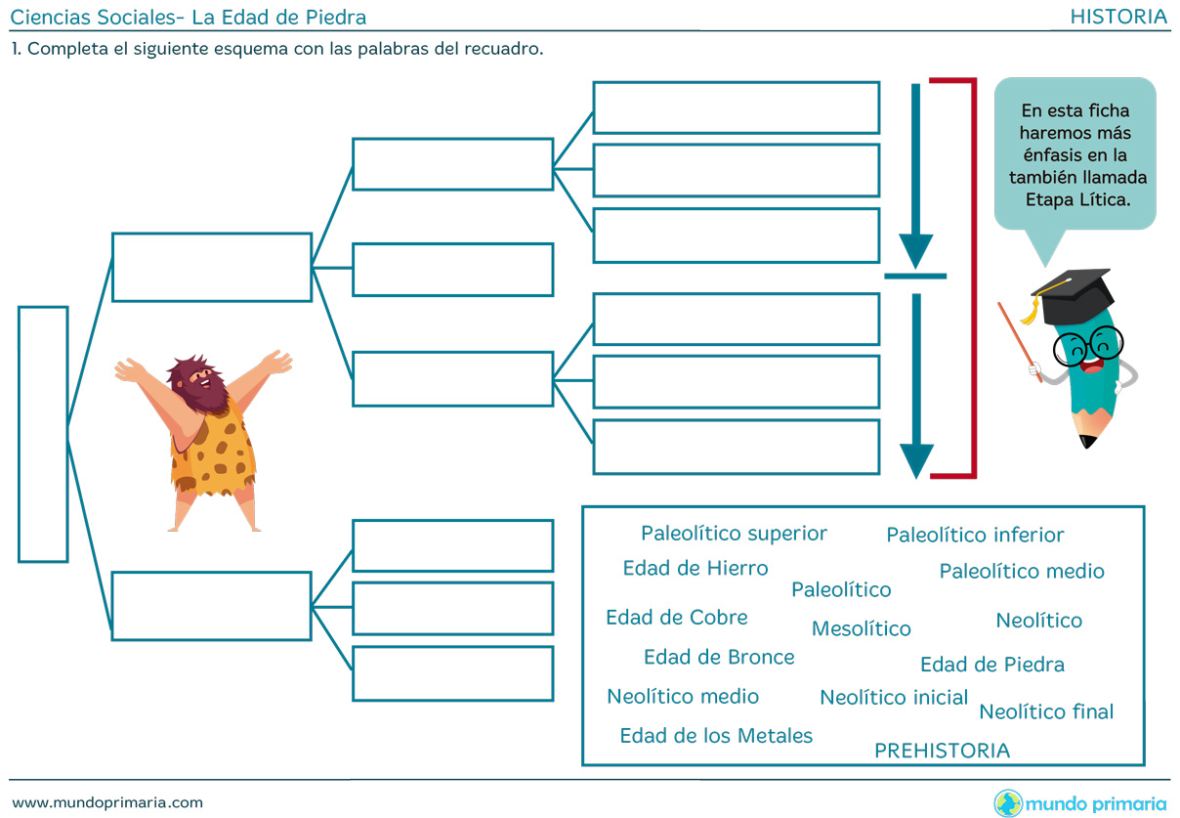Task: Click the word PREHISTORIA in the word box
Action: tap(942, 751)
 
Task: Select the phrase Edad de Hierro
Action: tap(695, 568)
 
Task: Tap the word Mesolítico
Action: tap(861, 628)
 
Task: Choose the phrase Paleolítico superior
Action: tap(734, 533)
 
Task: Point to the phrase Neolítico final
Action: tap(1046, 711)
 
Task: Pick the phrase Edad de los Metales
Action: tap(716, 735)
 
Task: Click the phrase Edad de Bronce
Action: tap(719, 657)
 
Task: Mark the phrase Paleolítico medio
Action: tap(1022, 571)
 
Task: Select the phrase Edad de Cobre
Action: tap(677, 617)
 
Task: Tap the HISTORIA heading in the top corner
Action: tap(1118, 16)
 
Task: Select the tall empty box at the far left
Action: tap(43, 434)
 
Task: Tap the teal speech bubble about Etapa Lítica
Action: tap(1075, 153)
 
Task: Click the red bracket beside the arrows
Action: tap(971, 279)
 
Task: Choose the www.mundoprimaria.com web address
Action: tap(107, 802)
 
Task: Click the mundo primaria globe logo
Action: tap(1008, 803)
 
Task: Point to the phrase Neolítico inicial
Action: tap(894, 697)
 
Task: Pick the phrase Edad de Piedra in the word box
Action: tap(991, 665)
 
